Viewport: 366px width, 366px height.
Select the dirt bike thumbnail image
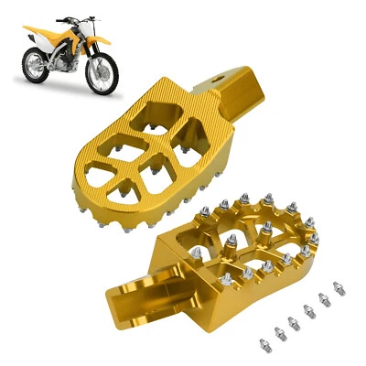click(x=69, y=55)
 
